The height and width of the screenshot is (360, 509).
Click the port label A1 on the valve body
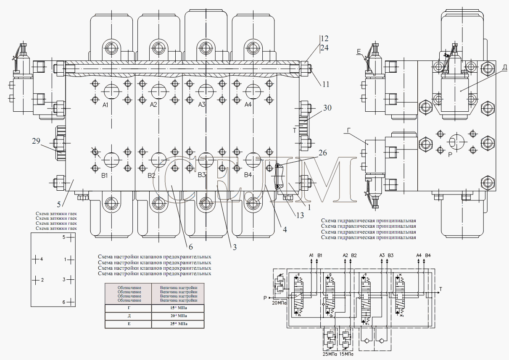point(105,105)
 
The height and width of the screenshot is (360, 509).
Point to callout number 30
point(327,108)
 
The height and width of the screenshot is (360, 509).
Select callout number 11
point(326,84)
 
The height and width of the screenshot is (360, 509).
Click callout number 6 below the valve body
point(190,247)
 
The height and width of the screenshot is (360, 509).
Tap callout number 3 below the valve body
point(234,247)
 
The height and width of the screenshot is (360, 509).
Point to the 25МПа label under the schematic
point(330,354)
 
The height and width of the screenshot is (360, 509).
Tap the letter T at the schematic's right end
point(440,289)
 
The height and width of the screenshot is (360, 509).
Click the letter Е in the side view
point(359,52)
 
